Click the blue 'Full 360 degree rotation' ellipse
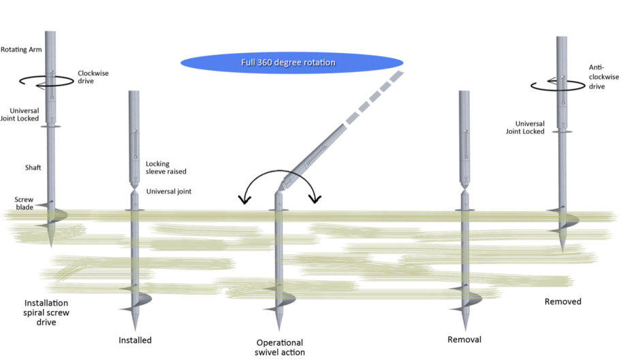pos(291,63)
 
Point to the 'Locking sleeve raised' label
pos(167,168)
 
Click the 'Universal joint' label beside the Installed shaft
pos(169,191)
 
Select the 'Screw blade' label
pos(24,203)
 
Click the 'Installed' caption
pos(135,340)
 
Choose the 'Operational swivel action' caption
pos(280,347)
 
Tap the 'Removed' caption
pos(563,301)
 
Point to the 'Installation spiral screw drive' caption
pos(46,312)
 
